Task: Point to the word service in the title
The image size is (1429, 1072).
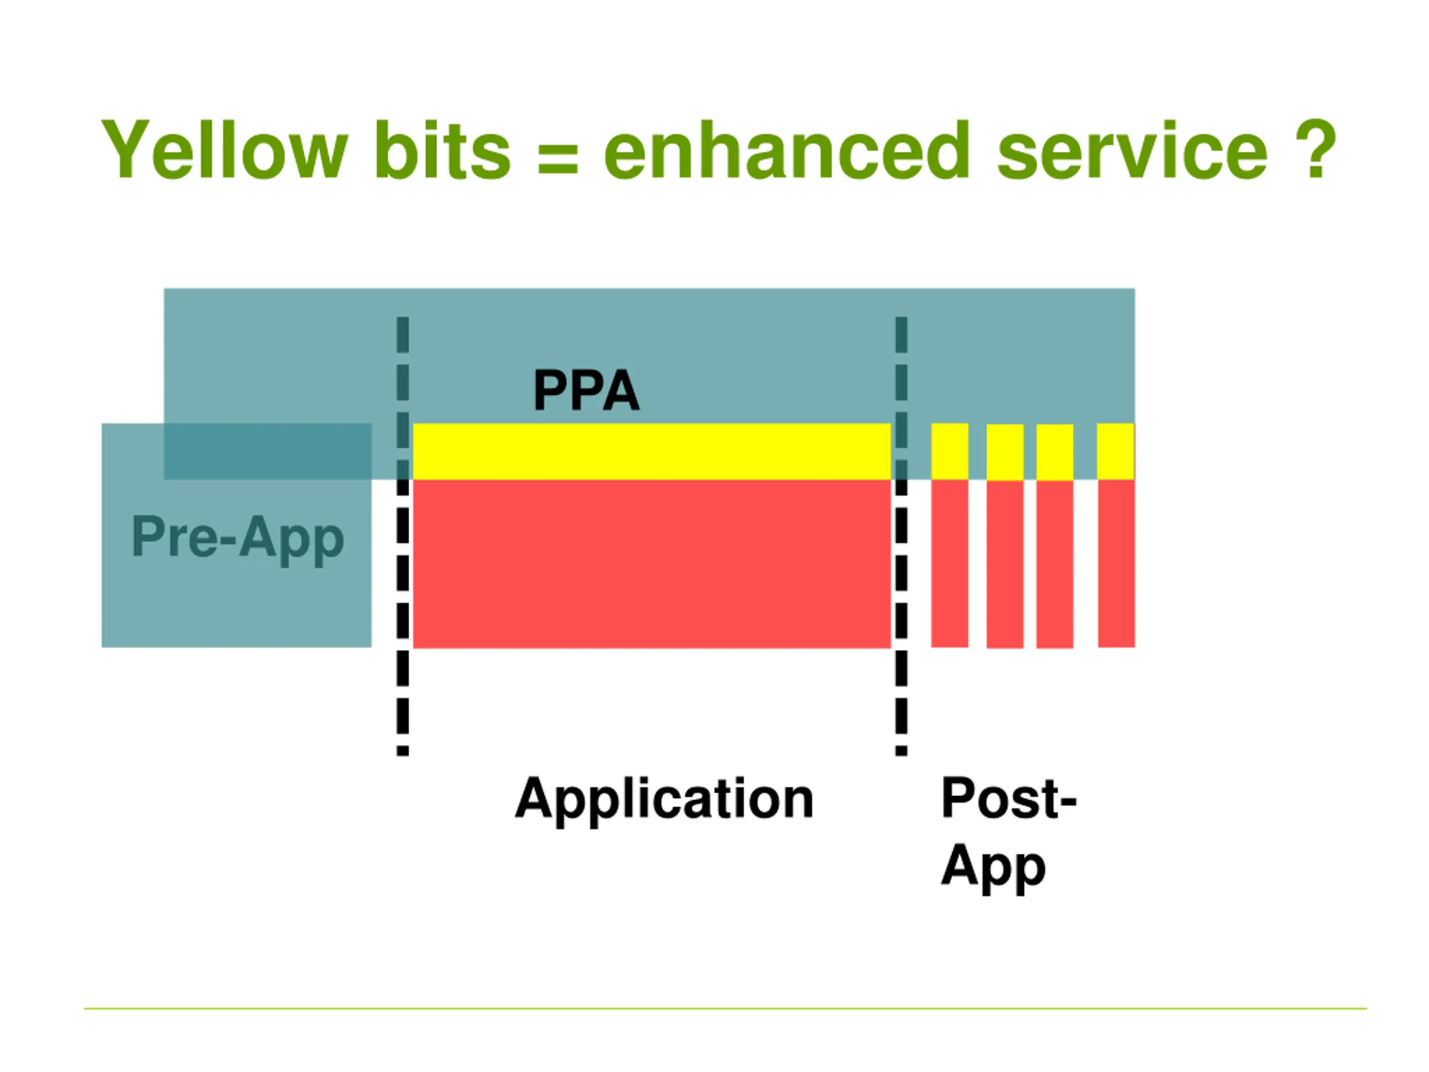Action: pos(1132,150)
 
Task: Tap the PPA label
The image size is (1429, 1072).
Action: pos(586,390)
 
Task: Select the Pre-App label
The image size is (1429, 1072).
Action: pos(237,539)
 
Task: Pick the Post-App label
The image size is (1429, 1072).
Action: pos(1009,834)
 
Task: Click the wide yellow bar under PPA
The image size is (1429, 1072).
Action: pos(652,452)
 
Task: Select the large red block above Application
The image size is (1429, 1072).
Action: pos(652,563)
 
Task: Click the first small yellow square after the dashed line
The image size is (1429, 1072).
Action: pos(950,452)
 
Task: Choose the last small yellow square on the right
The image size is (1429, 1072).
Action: pos(1116,452)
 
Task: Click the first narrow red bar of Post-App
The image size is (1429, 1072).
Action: pos(950,563)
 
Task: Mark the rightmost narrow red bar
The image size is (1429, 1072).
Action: pos(1116,563)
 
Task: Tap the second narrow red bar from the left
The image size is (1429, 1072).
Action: pos(1005,564)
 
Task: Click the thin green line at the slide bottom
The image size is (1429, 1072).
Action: pos(726,1009)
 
